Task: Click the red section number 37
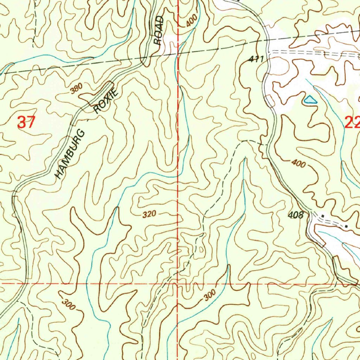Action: tap(26, 123)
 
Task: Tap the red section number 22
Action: tap(352, 123)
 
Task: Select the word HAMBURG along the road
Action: tap(71, 154)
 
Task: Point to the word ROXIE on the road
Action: tap(105, 101)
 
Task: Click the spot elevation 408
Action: tap(296, 215)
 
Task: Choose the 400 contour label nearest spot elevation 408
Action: tap(298, 163)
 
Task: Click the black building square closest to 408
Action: tap(323, 216)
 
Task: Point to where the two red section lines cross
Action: tap(178, 283)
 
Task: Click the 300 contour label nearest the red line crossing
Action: tap(210, 297)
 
